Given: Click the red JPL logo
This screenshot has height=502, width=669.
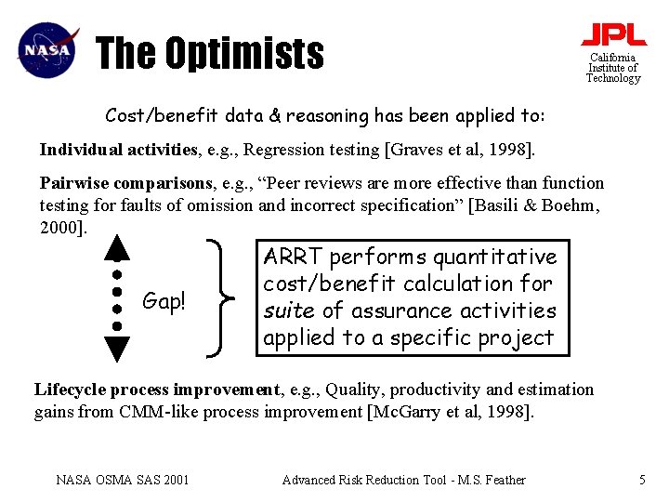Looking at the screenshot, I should tap(613, 34).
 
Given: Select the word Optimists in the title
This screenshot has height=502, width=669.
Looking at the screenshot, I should tap(244, 53).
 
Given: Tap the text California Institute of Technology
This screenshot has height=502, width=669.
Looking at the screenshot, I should tap(612, 68).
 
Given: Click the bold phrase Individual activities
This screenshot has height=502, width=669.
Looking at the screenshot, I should tap(119, 150).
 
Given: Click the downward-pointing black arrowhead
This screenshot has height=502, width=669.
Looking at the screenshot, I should tap(116, 347).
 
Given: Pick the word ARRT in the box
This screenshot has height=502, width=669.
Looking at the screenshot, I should tap(293, 257).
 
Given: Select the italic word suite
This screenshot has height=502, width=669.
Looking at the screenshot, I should tap(290, 310).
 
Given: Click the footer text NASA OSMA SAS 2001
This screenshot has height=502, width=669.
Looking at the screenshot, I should tap(122, 480).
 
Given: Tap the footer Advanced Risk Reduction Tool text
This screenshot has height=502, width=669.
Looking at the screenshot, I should tap(402, 480).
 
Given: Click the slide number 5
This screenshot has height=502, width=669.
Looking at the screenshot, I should tap(642, 480).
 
